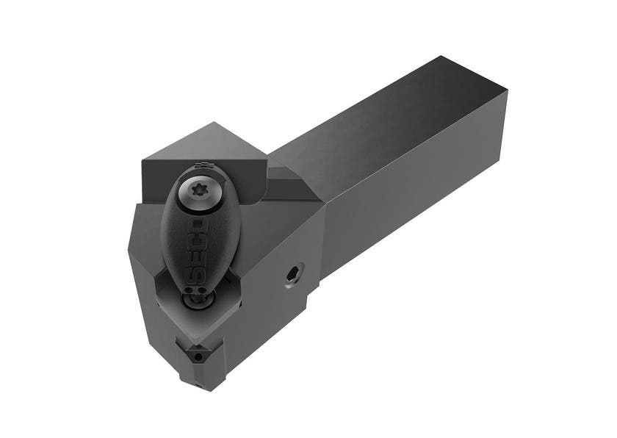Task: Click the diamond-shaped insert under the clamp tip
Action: pos(213,309)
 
